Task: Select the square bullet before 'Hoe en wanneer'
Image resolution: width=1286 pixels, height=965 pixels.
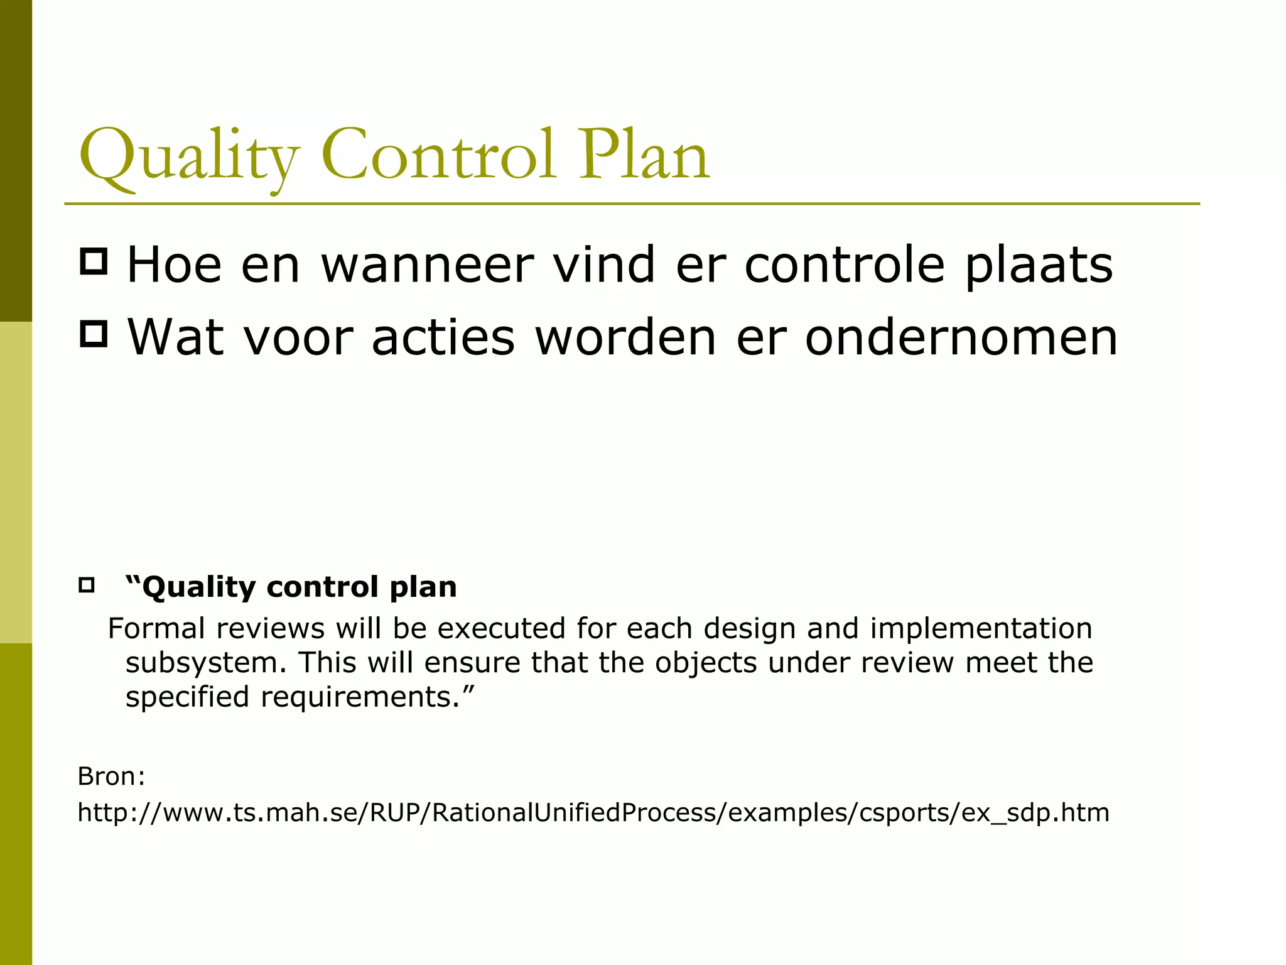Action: click(x=94, y=261)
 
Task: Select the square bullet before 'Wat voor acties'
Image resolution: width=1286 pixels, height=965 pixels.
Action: click(x=94, y=334)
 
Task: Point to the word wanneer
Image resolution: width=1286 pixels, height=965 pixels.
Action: click(x=427, y=266)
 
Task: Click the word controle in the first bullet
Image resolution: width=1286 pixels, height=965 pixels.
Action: click(x=844, y=266)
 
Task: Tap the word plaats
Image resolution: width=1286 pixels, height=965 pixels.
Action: click(x=1039, y=266)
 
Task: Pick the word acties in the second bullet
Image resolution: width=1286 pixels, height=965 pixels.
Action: click(x=443, y=338)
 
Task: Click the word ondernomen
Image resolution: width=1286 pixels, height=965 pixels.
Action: click(x=961, y=338)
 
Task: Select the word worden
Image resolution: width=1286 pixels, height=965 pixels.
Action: click(x=625, y=338)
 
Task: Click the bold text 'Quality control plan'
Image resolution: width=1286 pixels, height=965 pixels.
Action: click(x=291, y=587)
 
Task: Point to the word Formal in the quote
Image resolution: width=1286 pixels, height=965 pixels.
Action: click(x=156, y=628)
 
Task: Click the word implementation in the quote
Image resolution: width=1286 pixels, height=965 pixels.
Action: click(x=981, y=628)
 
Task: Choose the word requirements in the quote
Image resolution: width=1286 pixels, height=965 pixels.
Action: click(x=360, y=697)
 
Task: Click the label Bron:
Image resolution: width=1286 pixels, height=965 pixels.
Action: click(x=111, y=777)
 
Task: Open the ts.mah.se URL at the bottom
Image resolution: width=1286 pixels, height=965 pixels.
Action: click(x=593, y=813)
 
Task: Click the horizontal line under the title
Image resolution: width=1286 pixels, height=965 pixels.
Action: click(x=631, y=204)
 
